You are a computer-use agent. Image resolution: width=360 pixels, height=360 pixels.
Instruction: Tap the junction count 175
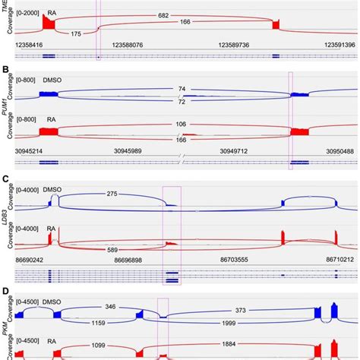74,33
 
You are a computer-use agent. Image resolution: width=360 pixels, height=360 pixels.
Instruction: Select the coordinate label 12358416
31,46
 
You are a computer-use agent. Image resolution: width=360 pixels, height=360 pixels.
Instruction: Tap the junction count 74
181,89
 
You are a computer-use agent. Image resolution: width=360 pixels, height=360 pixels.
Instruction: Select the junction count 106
181,125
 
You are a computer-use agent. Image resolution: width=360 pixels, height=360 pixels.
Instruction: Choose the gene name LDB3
5,207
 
